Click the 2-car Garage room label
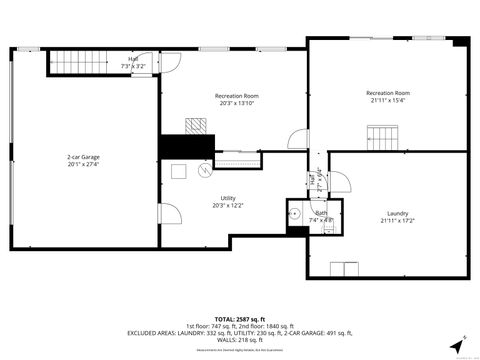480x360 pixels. (x=83, y=157)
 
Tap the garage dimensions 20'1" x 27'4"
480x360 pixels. (x=83, y=166)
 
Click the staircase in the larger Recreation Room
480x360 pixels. (x=382, y=135)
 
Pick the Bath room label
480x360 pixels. (x=321, y=213)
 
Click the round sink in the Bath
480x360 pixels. (x=297, y=213)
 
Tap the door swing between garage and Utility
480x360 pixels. (x=169, y=213)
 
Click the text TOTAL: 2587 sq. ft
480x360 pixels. (x=239, y=318)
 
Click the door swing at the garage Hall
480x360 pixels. (x=171, y=61)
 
